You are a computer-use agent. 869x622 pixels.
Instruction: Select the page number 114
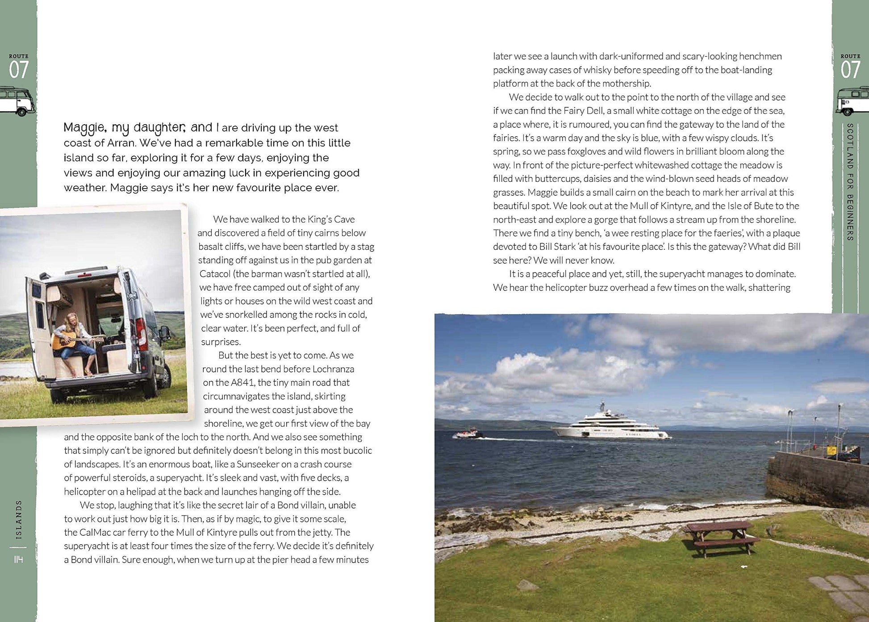pyautogui.click(x=18, y=559)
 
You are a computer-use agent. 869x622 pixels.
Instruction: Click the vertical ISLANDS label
pyautogui.click(x=18, y=520)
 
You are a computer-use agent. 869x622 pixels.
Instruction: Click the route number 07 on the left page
pyautogui.click(x=19, y=70)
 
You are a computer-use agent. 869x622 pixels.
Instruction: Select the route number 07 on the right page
pyautogui.click(x=850, y=70)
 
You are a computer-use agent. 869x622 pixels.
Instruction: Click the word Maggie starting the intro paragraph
pyautogui.click(x=84, y=128)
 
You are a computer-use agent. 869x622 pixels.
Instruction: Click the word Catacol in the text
pyautogui.click(x=215, y=273)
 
